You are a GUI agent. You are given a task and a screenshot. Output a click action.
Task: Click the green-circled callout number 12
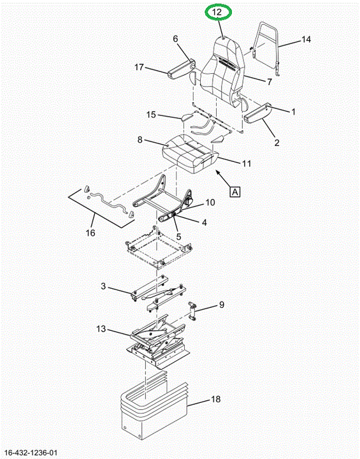(x=217, y=12)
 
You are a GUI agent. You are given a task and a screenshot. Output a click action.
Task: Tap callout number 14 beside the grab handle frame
(x=306, y=39)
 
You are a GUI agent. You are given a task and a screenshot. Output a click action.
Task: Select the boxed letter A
(x=235, y=192)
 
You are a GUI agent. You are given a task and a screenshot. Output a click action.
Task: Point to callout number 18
(x=216, y=399)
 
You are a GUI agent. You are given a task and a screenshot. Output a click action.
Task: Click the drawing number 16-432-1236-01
(x=31, y=453)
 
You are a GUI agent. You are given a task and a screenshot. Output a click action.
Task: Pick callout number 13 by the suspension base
(x=101, y=329)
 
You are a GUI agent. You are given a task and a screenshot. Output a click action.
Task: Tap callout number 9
(x=222, y=305)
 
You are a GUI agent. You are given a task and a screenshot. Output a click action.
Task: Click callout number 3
(x=103, y=286)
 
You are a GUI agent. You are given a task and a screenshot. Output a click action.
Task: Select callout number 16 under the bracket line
(x=90, y=233)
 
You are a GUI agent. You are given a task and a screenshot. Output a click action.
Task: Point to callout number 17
(x=139, y=68)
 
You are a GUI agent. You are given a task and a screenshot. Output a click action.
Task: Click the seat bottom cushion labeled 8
(x=191, y=153)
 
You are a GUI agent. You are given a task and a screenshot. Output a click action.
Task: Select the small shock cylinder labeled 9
(x=193, y=312)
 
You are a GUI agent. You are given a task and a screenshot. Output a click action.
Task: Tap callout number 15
(x=151, y=115)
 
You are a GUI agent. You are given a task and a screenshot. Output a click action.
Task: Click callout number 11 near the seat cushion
(x=247, y=163)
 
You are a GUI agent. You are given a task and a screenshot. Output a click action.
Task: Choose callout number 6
(x=175, y=39)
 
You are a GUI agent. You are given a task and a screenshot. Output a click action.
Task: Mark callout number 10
(x=210, y=202)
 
